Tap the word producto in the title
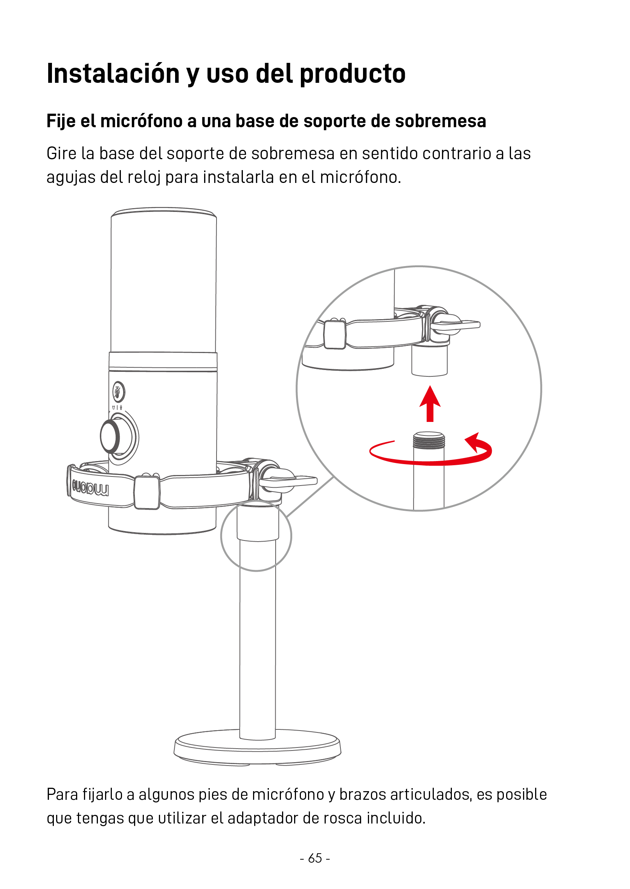point(352,74)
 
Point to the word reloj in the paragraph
point(144,178)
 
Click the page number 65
point(315,858)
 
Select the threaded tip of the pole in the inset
point(429,440)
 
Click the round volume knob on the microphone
point(111,436)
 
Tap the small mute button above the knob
point(119,391)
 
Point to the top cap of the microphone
point(164,212)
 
